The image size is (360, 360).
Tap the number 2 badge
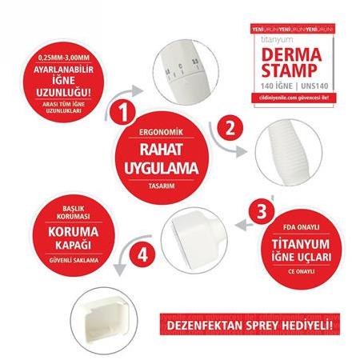230,127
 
